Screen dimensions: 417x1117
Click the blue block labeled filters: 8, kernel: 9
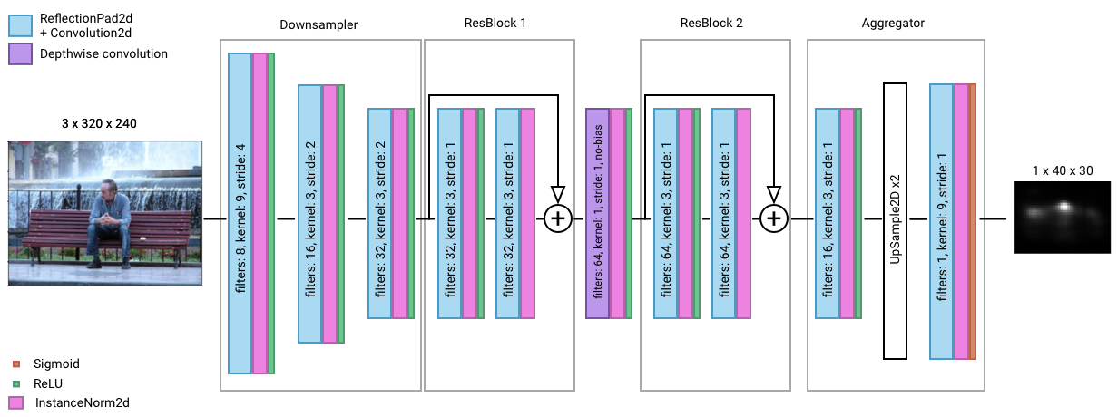coord(240,213)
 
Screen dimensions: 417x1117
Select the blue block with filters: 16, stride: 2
coord(309,214)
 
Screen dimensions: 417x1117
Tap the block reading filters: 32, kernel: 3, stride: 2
coord(379,214)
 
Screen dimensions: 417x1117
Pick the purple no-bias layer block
coord(597,214)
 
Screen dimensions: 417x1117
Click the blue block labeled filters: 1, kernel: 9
coord(941,221)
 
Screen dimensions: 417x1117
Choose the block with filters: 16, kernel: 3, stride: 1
coord(827,214)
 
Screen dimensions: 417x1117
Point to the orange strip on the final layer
coord(973,221)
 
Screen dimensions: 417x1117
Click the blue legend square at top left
coord(20,25)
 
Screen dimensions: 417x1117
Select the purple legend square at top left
coord(20,54)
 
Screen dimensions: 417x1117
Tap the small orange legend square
coord(16,364)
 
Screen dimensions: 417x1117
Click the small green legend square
coord(16,383)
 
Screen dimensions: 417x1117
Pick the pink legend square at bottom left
coord(16,402)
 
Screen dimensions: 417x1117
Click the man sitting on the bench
coord(108,222)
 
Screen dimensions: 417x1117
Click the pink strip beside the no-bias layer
coord(617,214)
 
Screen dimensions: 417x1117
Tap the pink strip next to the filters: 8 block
coord(260,213)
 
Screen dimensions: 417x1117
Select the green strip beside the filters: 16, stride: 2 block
coord(341,214)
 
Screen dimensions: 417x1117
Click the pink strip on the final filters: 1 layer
coord(961,221)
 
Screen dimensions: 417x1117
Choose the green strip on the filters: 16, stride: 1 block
coord(858,214)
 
